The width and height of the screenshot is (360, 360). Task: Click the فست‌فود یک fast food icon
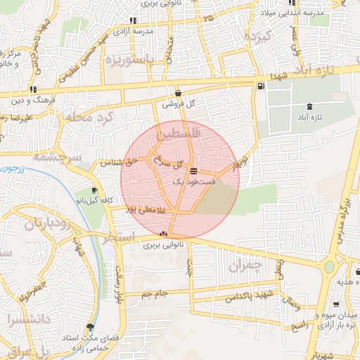(193, 171)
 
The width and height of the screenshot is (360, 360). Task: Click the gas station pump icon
(262, 86)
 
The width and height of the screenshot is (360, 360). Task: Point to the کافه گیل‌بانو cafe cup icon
(94, 191)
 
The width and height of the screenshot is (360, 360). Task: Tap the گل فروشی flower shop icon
(178, 93)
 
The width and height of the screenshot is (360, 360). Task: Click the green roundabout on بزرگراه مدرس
(329, 267)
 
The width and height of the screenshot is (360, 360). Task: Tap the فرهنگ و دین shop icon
(33, 89)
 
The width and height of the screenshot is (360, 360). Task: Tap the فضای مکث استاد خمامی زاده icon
(89, 327)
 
